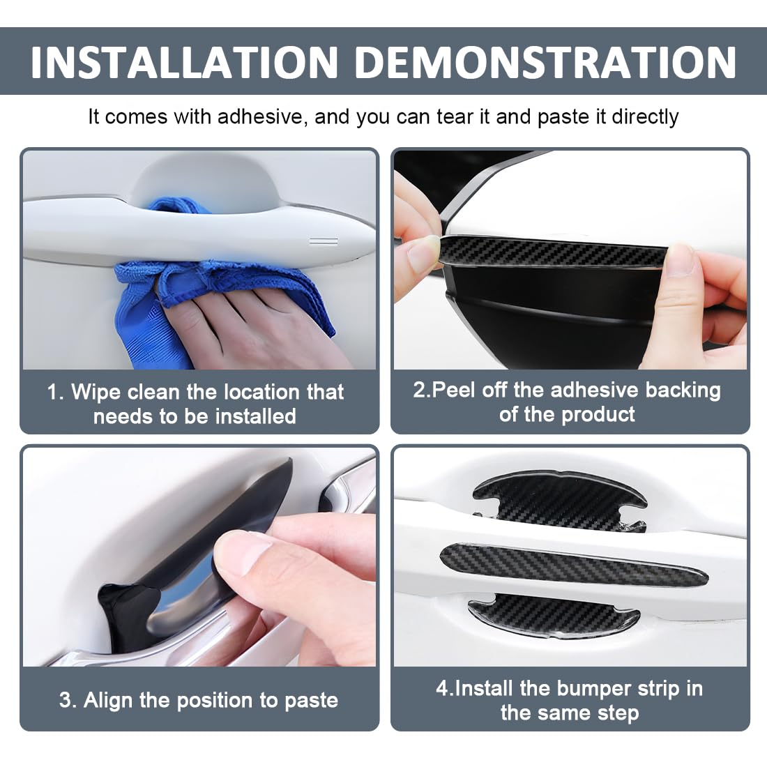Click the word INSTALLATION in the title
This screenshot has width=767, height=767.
pyautogui.click(x=184, y=62)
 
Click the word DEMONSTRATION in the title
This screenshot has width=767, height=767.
pyautogui.click(x=545, y=62)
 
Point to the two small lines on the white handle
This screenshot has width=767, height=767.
pyautogui.click(x=324, y=241)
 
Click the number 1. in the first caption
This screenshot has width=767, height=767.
pyautogui.click(x=55, y=393)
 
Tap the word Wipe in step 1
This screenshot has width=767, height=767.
pyautogui.click(x=96, y=393)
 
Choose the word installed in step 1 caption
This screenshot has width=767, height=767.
pyautogui.click(x=256, y=416)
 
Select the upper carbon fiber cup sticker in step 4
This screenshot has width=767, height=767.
pyautogui.click(x=559, y=502)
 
